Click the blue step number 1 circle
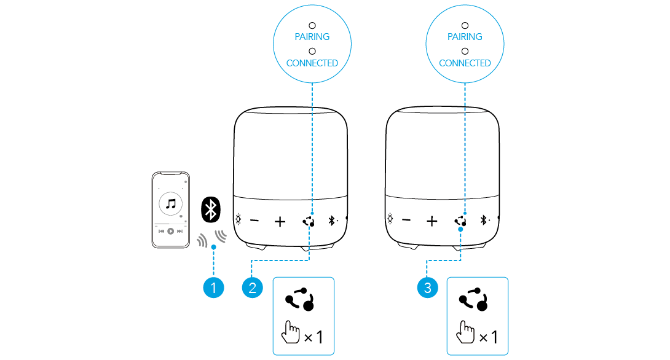(x=213, y=288)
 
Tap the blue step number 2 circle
(x=253, y=288)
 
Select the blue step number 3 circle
(x=428, y=288)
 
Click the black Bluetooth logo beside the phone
(x=211, y=210)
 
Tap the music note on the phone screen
(x=171, y=203)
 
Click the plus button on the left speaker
(x=280, y=221)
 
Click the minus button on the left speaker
(x=254, y=221)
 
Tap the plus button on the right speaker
(x=432, y=221)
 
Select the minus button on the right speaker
(x=406, y=221)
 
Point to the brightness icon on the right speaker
(x=390, y=219)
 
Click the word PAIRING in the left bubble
(x=312, y=37)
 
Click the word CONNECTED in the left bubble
(x=312, y=63)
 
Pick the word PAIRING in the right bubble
(x=465, y=37)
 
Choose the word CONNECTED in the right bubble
(x=465, y=63)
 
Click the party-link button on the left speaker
(x=309, y=221)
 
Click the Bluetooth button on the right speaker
(x=484, y=220)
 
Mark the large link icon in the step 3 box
(x=474, y=299)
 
